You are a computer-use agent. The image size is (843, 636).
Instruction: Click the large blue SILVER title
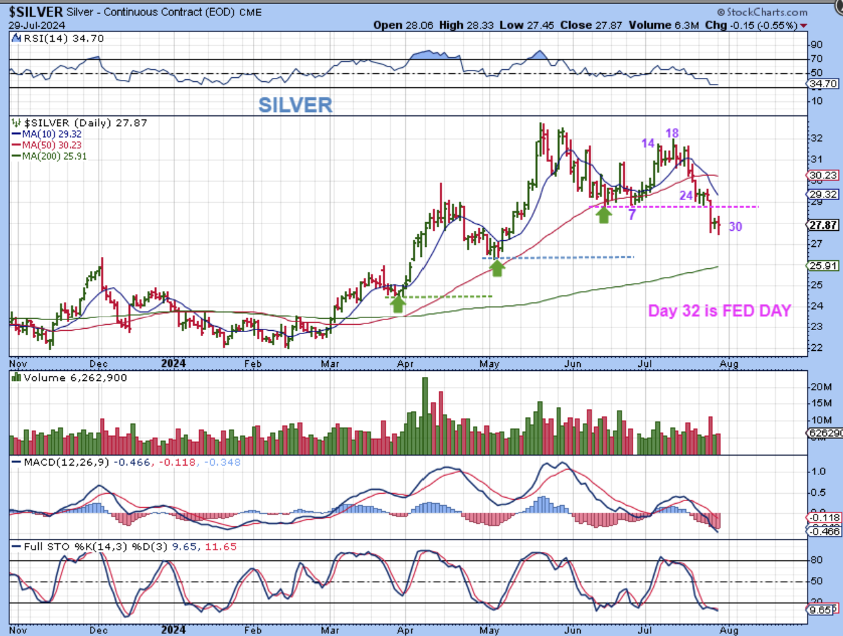296,105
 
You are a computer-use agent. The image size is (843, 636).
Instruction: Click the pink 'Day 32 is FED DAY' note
720,311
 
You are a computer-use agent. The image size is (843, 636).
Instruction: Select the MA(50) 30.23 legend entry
47,145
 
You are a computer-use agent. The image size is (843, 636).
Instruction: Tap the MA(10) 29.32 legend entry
47,134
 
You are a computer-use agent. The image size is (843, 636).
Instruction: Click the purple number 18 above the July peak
672,134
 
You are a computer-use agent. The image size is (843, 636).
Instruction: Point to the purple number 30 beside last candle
735,227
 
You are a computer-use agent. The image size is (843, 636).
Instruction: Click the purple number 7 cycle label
632,215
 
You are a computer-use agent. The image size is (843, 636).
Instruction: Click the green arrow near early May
497,268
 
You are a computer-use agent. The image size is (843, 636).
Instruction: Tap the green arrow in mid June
604,214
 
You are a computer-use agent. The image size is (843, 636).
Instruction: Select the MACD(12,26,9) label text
66,462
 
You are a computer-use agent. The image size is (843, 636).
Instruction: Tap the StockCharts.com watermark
762,12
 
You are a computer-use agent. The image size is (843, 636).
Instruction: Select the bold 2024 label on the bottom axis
173,365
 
